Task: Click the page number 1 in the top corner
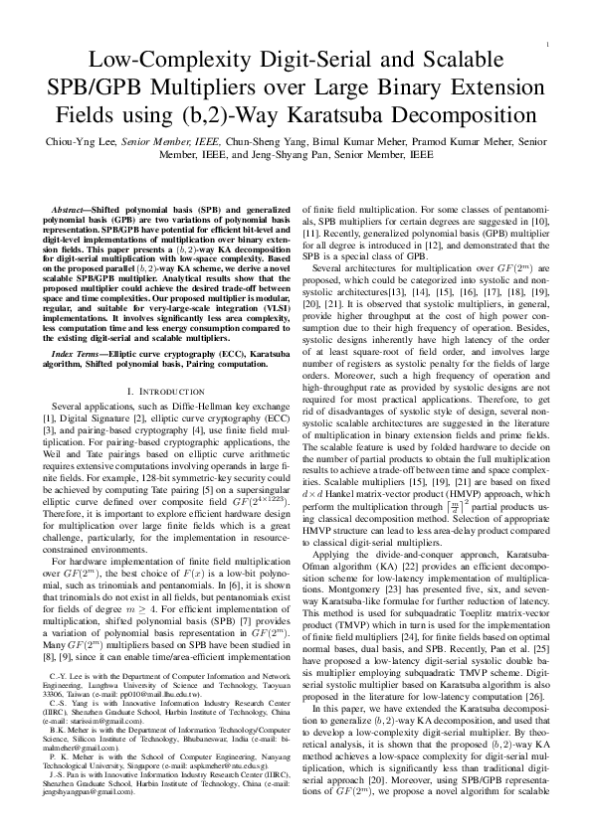coord(549,46)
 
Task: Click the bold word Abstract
coord(73,211)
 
